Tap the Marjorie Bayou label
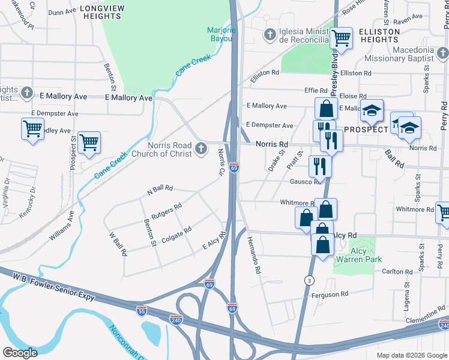[x=222, y=35]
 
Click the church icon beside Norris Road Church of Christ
[x=201, y=148]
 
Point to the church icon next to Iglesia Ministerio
[x=270, y=35]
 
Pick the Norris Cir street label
[x=221, y=162]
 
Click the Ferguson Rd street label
[x=329, y=295]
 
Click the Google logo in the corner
[x=20, y=353]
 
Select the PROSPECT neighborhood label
[x=366, y=130]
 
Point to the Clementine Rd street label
[x=424, y=316]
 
